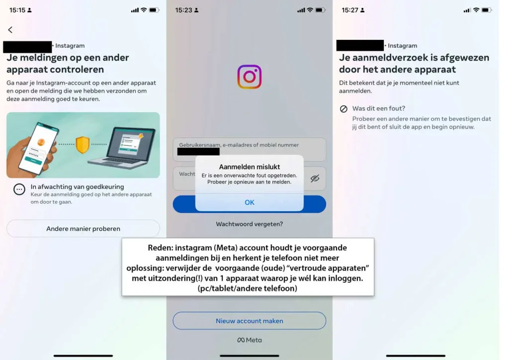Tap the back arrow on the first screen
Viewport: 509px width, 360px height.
(x=10, y=30)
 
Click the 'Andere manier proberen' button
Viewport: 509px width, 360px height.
(x=83, y=229)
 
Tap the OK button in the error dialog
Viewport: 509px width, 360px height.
(x=250, y=202)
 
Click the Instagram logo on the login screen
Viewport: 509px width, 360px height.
(x=250, y=77)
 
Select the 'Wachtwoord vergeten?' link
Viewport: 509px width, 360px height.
(x=250, y=224)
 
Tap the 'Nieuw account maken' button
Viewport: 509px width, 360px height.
(x=250, y=321)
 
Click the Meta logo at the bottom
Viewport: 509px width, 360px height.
(x=250, y=340)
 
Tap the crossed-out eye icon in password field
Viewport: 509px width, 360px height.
(x=315, y=179)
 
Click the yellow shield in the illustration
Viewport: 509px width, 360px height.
(x=82, y=145)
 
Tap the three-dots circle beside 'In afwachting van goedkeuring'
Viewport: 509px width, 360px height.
(x=19, y=189)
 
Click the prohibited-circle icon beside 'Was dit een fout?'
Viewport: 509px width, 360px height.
(x=343, y=109)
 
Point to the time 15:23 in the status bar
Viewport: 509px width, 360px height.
(x=184, y=10)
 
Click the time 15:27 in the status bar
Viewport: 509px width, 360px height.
(x=350, y=10)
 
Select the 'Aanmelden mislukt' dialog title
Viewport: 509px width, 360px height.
(x=250, y=167)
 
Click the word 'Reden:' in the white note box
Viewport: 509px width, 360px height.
(x=161, y=248)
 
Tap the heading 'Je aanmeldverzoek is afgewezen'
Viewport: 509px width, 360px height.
(x=414, y=58)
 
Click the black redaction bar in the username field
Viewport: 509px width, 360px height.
(x=198, y=152)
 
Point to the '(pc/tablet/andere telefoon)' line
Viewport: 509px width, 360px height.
(x=248, y=288)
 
